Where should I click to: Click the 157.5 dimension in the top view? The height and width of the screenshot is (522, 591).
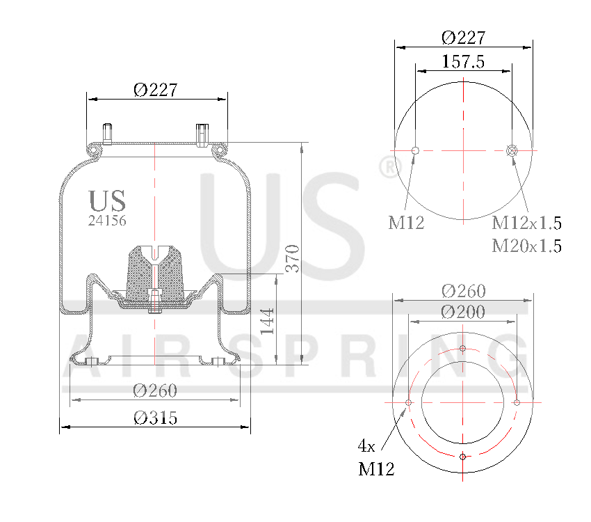point(463,61)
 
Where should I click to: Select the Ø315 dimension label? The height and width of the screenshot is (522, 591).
point(156,418)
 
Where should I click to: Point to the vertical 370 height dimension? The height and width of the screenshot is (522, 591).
point(293,258)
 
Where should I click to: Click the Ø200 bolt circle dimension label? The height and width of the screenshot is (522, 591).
point(463,312)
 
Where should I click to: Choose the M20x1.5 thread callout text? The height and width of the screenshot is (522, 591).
point(526,245)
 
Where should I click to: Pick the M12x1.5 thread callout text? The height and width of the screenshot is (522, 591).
point(526,223)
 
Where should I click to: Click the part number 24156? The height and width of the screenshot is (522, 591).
point(107,220)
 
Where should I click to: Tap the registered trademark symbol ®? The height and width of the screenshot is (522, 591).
point(389,168)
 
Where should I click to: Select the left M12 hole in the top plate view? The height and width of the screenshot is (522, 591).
point(415,150)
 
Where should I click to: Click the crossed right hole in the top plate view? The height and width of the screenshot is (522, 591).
point(512,150)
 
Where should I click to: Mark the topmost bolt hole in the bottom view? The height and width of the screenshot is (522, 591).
point(463,348)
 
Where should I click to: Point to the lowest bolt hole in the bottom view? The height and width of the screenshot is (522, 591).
point(463,457)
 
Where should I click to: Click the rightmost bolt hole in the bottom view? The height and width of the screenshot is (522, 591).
point(517,402)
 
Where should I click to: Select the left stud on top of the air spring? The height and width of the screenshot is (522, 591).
point(108,133)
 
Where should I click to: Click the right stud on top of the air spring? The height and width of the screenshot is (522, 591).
point(202,133)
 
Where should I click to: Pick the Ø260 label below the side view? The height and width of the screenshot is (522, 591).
point(155,390)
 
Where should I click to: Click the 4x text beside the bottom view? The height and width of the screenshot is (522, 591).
point(366,445)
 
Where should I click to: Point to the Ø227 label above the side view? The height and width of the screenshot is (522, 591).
point(156,90)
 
